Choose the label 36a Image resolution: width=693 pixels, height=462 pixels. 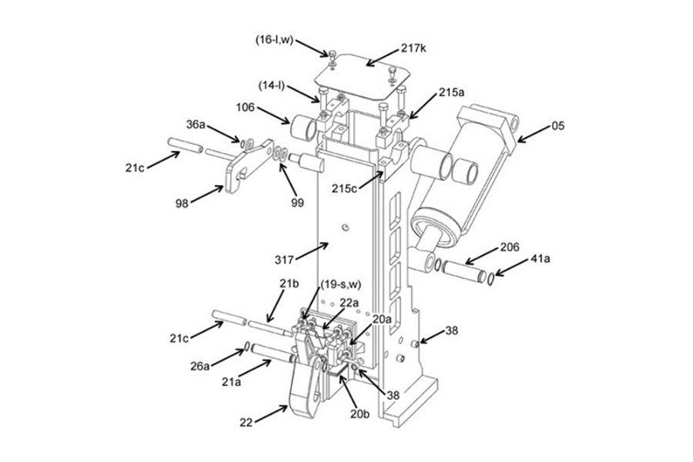(196, 124)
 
